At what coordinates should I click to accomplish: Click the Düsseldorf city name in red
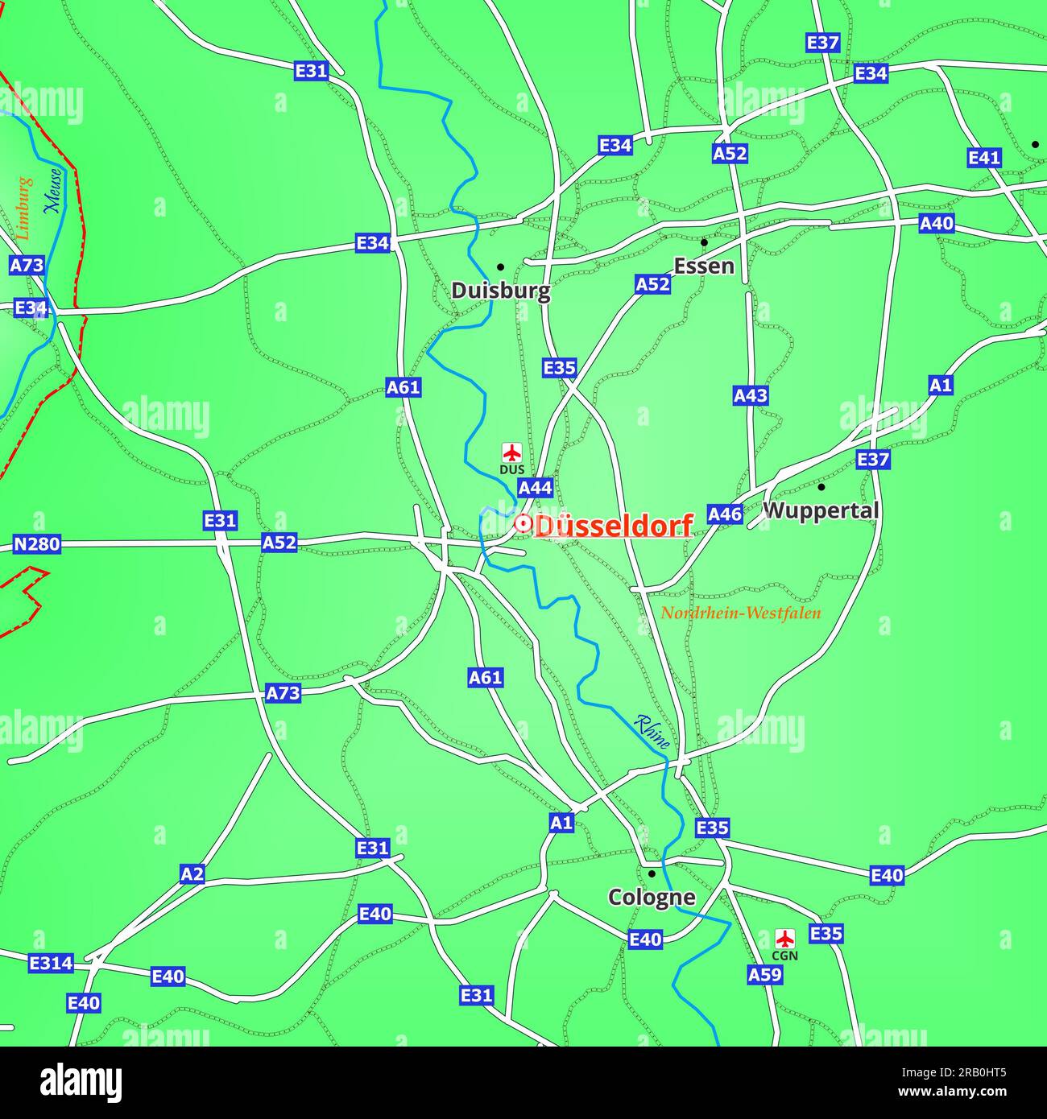(x=614, y=526)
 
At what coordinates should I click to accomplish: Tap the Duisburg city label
(x=500, y=291)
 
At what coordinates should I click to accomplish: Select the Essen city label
(x=703, y=266)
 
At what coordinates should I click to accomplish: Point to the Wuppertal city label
(x=821, y=510)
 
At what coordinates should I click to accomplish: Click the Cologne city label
(x=651, y=897)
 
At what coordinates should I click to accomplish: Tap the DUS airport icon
(x=511, y=452)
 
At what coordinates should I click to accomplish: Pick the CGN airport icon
(x=784, y=938)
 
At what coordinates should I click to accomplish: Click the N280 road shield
(x=37, y=544)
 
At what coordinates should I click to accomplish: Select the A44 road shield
(x=535, y=488)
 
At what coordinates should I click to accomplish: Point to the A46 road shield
(x=725, y=514)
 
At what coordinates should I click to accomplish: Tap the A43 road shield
(x=750, y=395)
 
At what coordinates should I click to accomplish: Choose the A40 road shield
(x=936, y=223)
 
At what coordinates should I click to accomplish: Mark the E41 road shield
(x=983, y=158)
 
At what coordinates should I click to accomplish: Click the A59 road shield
(x=764, y=975)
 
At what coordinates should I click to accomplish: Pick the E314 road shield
(x=51, y=963)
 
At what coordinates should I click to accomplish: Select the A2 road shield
(x=192, y=874)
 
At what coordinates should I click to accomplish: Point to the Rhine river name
(x=652, y=732)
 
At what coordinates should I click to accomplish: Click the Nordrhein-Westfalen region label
(x=740, y=613)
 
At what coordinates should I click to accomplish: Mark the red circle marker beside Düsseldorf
(x=522, y=524)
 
